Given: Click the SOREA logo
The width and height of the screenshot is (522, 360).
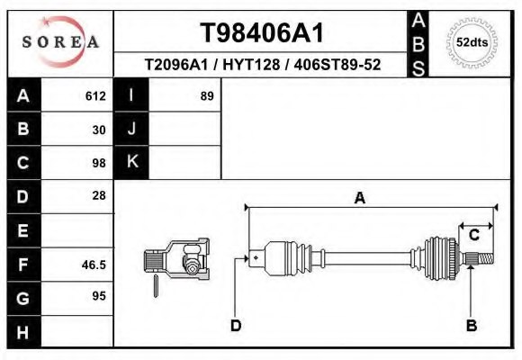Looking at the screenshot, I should pyautogui.click(x=60, y=42).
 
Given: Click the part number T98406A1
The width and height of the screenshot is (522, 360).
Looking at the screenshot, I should pyautogui.click(x=262, y=33).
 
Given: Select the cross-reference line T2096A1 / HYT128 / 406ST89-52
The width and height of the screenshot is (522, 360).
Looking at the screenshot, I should pyautogui.click(x=262, y=66).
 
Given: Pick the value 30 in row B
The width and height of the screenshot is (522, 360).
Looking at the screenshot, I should pyautogui.click(x=99, y=130).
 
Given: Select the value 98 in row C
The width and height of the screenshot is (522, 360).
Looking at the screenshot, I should pyautogui.click(x=99, y=163).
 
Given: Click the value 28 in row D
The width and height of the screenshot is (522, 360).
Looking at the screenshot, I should pyautogui.click(x=99, y=195).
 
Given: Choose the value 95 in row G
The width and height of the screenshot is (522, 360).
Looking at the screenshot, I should pyautogui.click(x=99, y=296).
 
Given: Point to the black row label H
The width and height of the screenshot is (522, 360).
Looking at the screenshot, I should pyautogui.click(x=23, y=332).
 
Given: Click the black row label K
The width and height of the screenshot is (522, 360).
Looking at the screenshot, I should pyautogui.click(x=131, y=162).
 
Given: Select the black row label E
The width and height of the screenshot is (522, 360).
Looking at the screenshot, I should pyautogui.click(x=23, y=230).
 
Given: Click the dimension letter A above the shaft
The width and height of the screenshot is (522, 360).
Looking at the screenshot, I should pyautogui.click(x=360, y=199).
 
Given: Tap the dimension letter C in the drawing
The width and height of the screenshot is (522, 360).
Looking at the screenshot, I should pyautogui.click(x=473, y=237).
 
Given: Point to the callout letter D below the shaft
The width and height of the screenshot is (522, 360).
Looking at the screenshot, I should pyautogui.click(x=236, y=325).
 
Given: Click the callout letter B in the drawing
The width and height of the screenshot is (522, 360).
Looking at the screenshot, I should pyautogui.click(x=471, y=325).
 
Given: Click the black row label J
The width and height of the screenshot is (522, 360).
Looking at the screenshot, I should pyautogui.click(x=131, y=129).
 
